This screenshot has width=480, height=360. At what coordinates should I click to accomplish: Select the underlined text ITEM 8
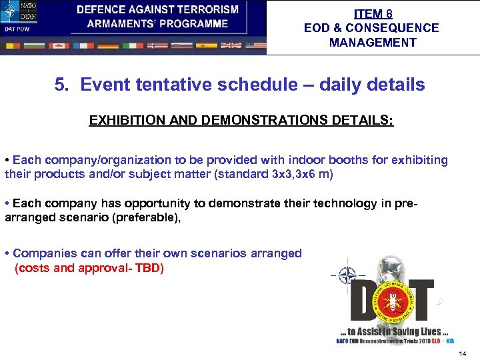pyautogui.click(x=373, y=14)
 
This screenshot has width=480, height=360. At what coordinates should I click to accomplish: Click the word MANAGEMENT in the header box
pyautogui.click(x=372, y=43)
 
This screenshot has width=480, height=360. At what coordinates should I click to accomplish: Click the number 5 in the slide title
pyautogui.click(x=60, y=85)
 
